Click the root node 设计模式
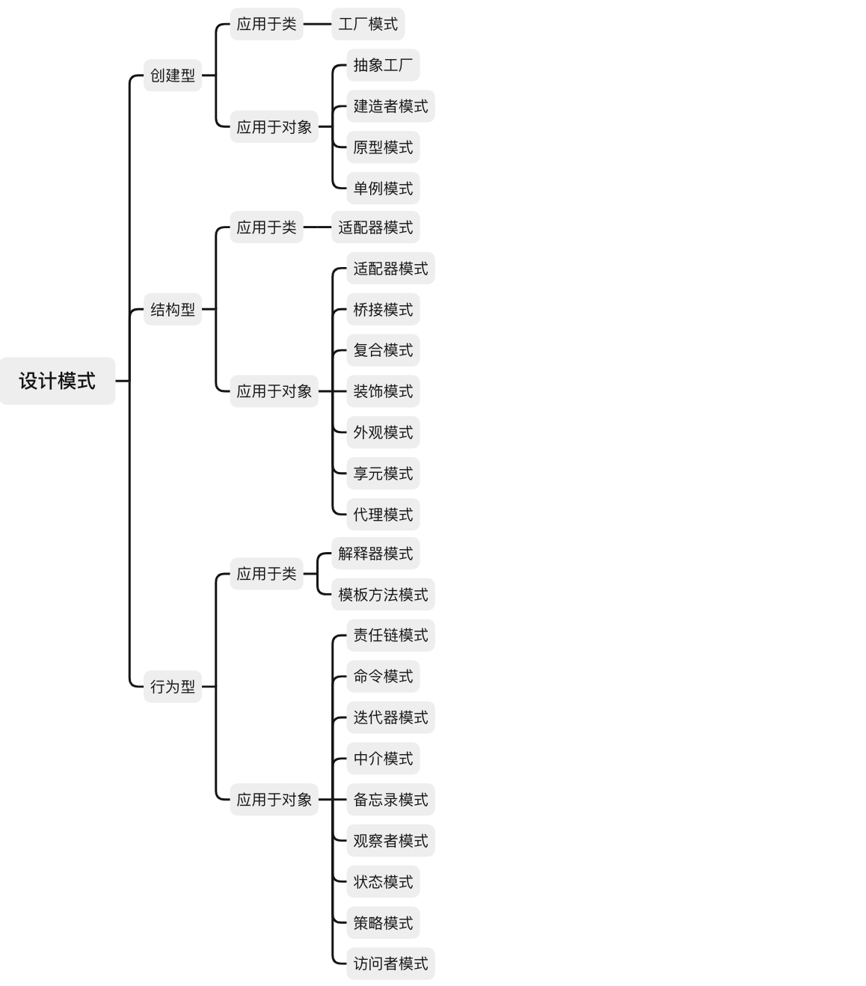click(x=58, y=381)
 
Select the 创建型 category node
click(x=173, y=76)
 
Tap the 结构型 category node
click(x=173, y=309)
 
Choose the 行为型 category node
click(x=173, y=686)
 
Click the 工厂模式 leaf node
click(x=368, y=24)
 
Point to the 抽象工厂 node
click(x=383, y=65)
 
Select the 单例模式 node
click(x=383, y=189)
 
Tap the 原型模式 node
click(x=383, y=147)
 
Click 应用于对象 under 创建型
click(x=274, y=126)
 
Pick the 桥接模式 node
click(x=383, y=309)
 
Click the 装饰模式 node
click(x=383, y=391)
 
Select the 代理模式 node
click(x=383, y=514)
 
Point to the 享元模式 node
click(x=383, y=473)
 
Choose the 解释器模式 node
click(x=375, y=554)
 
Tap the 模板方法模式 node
click(x=383, y=594)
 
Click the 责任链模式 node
click(x=390, y=635)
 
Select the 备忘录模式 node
click(x=390, y=799)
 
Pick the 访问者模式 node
click(x=390, y=963)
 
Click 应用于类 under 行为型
click(x=267, y=574)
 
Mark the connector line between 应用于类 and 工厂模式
click(x=317, y=24)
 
